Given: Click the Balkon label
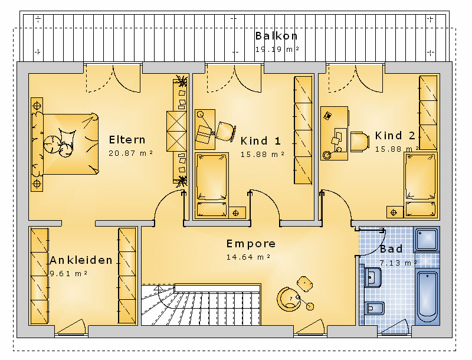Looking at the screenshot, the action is pyautogui.click(x=276, y=36).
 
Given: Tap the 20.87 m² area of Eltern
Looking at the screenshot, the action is pyautogui.click(x=130, y=153).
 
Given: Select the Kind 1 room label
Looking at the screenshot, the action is pyautogui.click(x=260, y=140).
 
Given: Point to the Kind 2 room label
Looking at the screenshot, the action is pyautogui.click(x=395, y=136).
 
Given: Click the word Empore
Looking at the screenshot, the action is pyautogui.click(x=251, y=244).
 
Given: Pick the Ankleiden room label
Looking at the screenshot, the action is pyautogui.click(x=81, y=260).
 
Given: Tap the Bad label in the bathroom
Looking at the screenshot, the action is pyautogui.click(x=391, y=249).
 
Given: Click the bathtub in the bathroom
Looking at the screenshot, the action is pyautogui.click(x=427, y=297).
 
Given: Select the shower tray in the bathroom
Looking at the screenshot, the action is pyautogui.click(x=427, y=239).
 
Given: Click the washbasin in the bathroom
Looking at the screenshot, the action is pyautogui.click(x=373, y=277).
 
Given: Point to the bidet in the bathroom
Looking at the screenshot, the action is pyautogui.click(x=374, y=308).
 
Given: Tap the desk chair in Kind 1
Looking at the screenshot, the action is pyautogui.click(x=225, y=132).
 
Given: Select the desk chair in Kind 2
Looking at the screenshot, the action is pyautogui.click(x=360, y=142).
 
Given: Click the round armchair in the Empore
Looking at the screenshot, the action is pyautogui.click(x=289, y=299).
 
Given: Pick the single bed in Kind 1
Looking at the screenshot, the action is pyautogui.click(x=211, y=185).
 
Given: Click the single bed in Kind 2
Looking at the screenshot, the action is pyautogui.click(x=421, y=184).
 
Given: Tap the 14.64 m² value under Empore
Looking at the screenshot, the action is pyautogui.click(x=248, y=257).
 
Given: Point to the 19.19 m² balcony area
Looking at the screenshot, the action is pyautogui.click(x=277, y=50).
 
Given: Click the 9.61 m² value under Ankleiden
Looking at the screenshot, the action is pyautogui.click(x=68, y=274).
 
